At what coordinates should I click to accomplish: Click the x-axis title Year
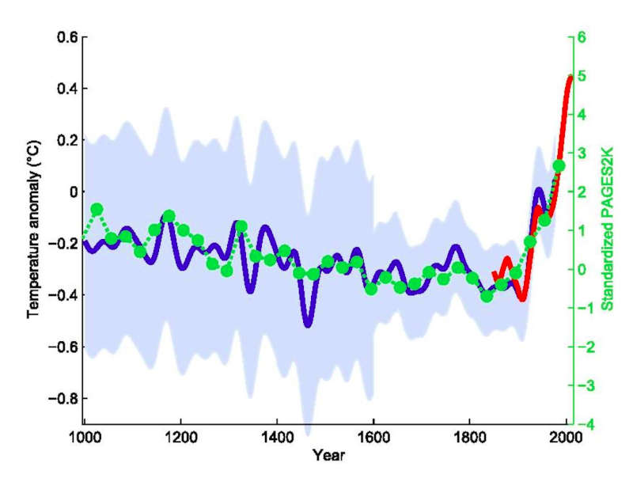pos(324,456)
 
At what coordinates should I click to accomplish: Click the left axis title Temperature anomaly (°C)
pos(33,230)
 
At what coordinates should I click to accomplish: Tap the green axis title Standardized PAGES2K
pos(608,230)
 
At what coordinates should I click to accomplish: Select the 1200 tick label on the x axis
pos(180,437)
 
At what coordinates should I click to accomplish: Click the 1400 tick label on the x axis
pos(276,437)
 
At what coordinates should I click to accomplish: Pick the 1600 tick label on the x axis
pos(373,437)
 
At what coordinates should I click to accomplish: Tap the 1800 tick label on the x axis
pos(469,437)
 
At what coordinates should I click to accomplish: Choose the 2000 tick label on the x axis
pos(564,437)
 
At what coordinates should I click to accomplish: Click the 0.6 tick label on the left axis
pos(66,37)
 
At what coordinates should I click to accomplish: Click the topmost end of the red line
pos(570,77)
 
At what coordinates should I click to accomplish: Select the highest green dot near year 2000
pos(558,166)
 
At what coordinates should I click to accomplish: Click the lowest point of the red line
pos(521,298)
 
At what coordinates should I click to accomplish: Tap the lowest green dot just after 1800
pos(487,296)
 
